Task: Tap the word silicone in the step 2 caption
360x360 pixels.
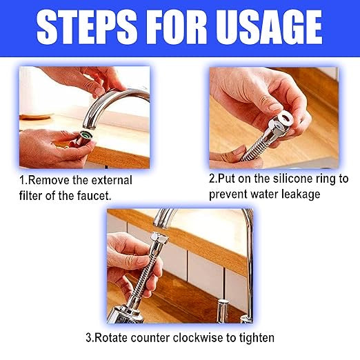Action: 292,179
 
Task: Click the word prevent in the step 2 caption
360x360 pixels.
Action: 230,194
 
